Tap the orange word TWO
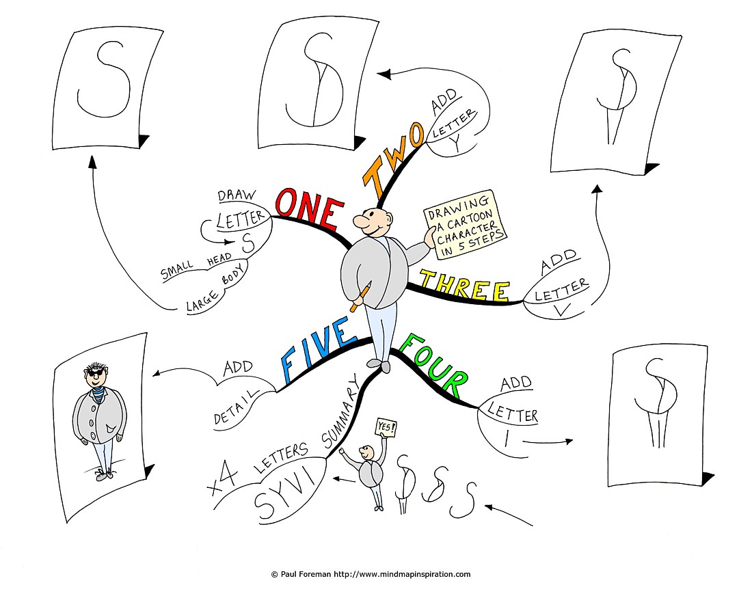click(393, 159)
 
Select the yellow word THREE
click(464, 286)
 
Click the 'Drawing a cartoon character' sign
click(465, 224)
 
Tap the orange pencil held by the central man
click(361, 297)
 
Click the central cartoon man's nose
click(361, 221)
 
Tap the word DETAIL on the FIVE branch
click(235, 407)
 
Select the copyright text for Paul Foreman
click(371, 574)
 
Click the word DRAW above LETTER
click(237, 195)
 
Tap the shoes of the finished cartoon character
click(104, 474)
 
